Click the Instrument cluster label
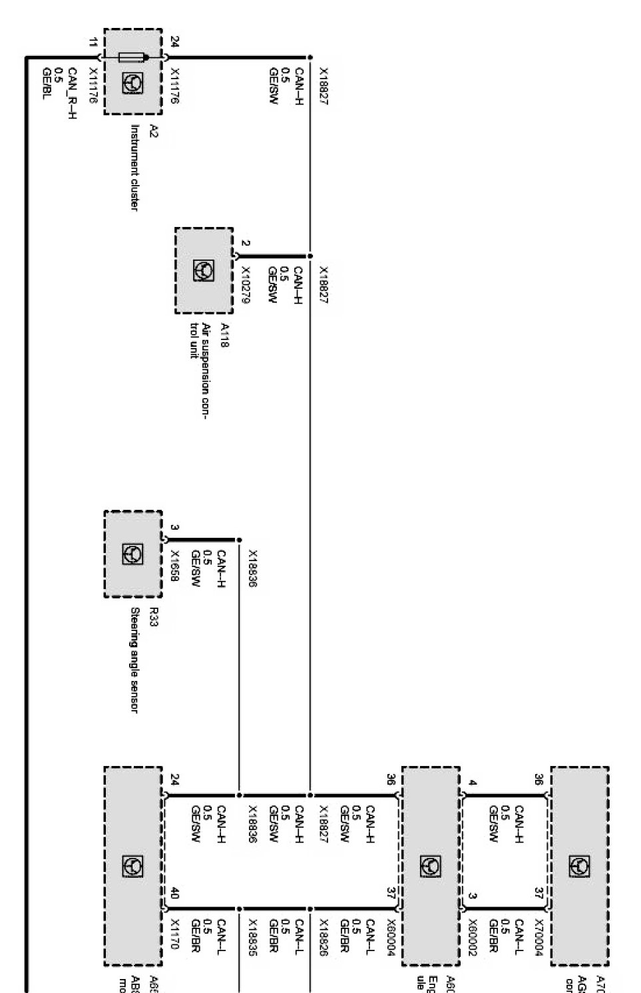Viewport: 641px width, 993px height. (x=134, y=167)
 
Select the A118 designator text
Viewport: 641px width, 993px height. (x=224, y=332)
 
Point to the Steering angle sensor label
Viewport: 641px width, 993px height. (x=134, y=660)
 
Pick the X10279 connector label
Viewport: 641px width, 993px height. (x=245, y=286)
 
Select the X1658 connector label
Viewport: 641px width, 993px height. (x=174, y=566)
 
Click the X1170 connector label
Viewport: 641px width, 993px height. (x=174, y=934)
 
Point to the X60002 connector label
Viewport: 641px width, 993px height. (x=473, y=938)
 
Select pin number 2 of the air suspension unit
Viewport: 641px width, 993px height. (x=245, y=244)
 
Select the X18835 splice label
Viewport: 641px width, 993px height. (x=253, y=938)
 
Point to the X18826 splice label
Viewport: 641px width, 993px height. (x=324, y=938)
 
